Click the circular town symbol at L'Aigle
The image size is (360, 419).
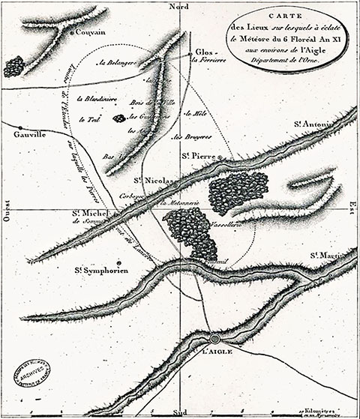(214, 339)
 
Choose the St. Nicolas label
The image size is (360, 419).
(155, 181)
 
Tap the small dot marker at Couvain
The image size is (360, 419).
(70, 33)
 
